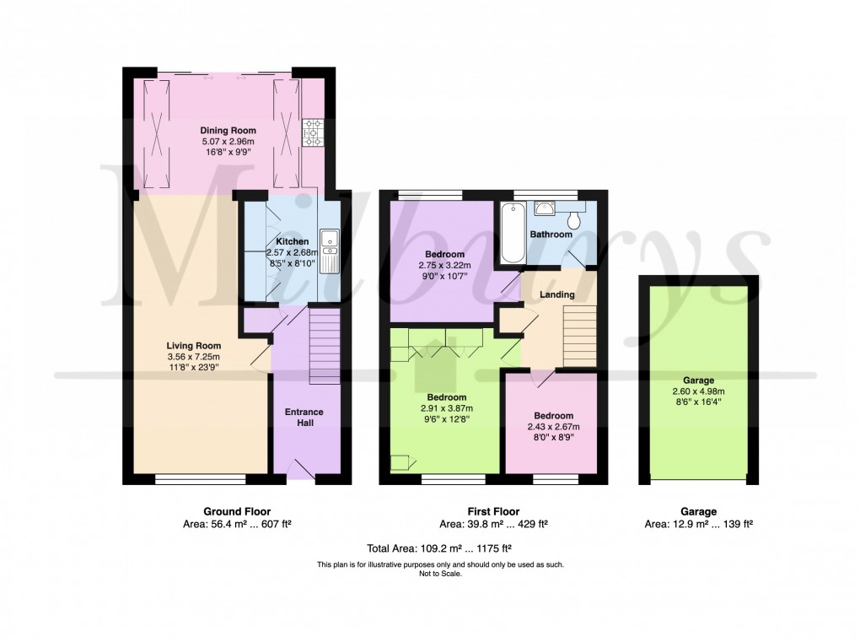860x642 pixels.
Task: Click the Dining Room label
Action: [x=228, y=131]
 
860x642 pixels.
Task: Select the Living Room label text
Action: [x=193, y=345]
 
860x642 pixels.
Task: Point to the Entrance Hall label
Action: [x=304, y=417]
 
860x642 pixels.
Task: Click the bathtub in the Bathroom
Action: [x=512, y=234]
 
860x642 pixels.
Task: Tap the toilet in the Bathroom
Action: [x=575, y=219]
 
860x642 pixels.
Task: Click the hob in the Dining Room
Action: [x=314, y=131]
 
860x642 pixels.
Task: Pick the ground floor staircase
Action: [x=325, y=347]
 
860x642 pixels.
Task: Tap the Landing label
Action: [x=557, y=294]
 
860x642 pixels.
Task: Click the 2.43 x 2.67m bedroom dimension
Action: [x=552, y=427]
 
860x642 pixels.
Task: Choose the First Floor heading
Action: [x=493, y=511]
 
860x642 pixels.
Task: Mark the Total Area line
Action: [x=430, y=548]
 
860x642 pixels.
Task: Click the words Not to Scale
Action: [x=440, y=574]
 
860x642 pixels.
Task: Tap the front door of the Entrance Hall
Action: [x=302, y=470]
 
